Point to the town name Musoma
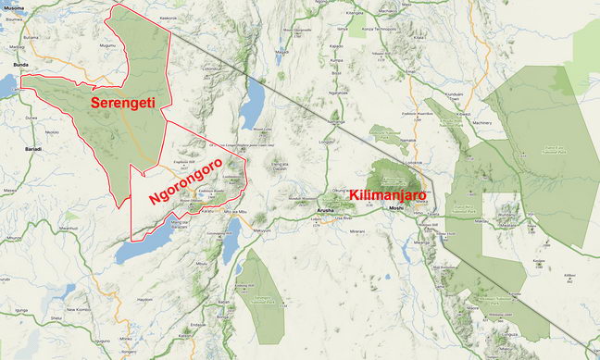tap(11, 6)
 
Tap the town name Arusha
tap(324, 211)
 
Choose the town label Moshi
tap(395, 209)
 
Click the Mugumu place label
tap(107, 44)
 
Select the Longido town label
tap(325, 143)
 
